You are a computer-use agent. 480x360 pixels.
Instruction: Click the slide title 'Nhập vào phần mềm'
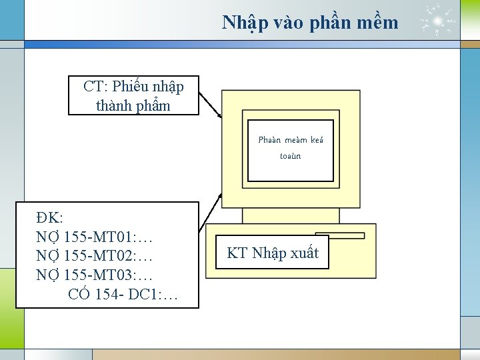click(310, 23)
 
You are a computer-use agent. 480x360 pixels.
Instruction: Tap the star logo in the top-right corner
click(439, 21)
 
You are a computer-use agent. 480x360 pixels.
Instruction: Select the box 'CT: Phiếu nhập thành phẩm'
click(133, 95)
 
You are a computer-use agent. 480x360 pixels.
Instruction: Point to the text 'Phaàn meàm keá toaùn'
click(290, 148)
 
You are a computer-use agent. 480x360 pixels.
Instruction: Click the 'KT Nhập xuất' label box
click(273, 253)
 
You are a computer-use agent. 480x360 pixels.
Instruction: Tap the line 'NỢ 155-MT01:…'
click(95, 237)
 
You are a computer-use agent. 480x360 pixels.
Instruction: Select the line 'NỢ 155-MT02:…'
click(95, 255)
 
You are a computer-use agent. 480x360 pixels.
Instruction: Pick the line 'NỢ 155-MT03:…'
click(95, 274)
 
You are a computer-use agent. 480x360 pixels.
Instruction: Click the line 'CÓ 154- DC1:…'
click(123, 293)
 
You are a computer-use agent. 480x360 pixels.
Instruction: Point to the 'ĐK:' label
click(50, 218)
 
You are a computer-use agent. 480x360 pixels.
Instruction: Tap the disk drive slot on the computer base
click(340, 235)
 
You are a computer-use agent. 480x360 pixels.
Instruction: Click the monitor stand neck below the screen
click(291, 215)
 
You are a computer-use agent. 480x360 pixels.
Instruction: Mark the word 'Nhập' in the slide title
click(244, 23)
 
